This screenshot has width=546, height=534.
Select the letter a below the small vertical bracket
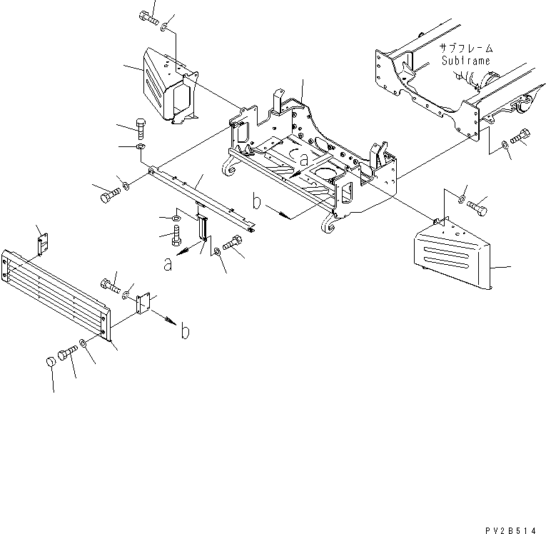coord(168,264)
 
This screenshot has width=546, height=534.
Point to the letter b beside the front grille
coord(185,331)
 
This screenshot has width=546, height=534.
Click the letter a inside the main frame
coord(304,161)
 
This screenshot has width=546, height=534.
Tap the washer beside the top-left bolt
coord(165,27)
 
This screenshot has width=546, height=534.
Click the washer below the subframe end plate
coord(505,146)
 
